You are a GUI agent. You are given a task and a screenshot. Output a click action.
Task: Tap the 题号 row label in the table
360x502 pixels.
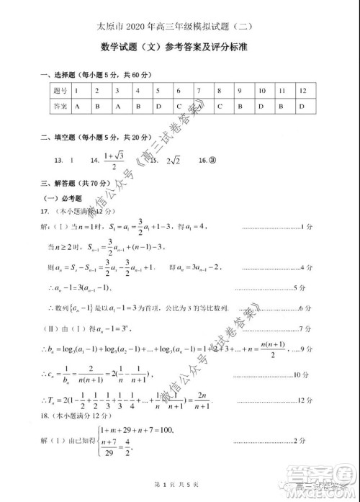coord(60,91)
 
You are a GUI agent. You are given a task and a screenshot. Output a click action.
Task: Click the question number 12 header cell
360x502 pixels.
coord(302,91)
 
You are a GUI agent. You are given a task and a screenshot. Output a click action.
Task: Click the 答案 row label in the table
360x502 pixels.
coord(60,105)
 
